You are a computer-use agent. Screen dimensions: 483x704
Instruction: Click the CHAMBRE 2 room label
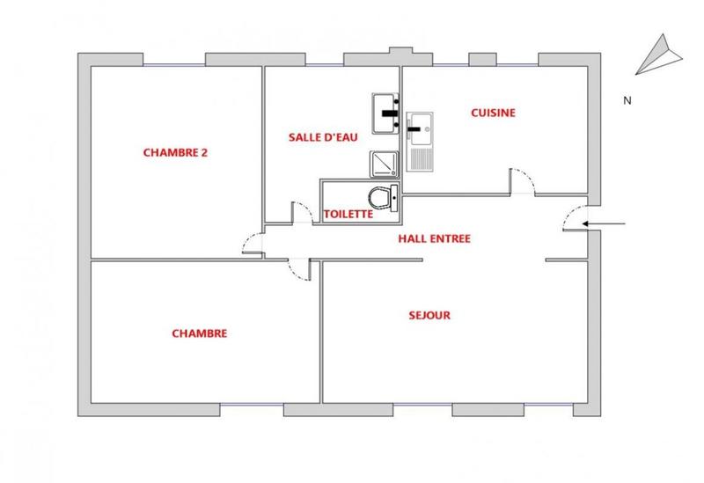coord(174,151)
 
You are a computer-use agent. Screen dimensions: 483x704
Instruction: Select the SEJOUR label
coord(429,315)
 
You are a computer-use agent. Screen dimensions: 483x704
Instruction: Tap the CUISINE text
coord(492,113)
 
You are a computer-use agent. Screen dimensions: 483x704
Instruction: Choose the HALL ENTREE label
coord(434,238)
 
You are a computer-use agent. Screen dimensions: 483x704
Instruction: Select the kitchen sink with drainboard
coord(420,140)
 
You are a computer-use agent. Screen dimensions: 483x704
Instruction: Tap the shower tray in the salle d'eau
coord(384,163)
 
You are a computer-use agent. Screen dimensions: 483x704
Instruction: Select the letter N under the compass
coord(627,100)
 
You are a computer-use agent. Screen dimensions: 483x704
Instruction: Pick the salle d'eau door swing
coord(300,214)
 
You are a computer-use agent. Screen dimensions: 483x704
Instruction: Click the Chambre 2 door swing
coord(253,244)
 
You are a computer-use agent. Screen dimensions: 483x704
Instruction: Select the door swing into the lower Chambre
coord(299,268)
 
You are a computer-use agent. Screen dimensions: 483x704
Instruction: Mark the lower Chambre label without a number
coord(200,333)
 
